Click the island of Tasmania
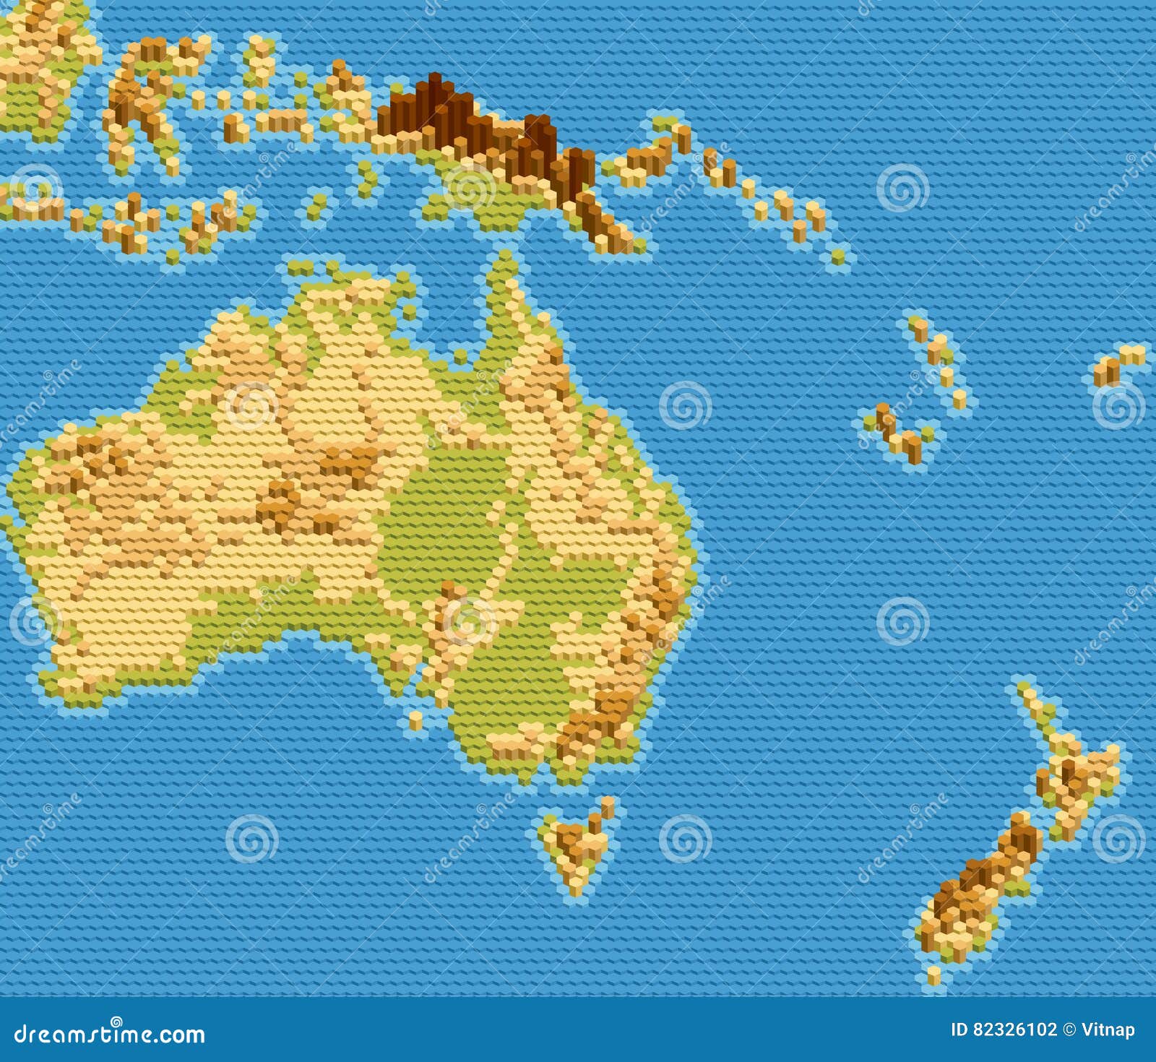coord(578,845)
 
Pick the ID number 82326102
coord(1004,1029)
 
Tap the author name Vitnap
coord(1108,1029)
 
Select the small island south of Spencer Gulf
coord(415,720)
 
